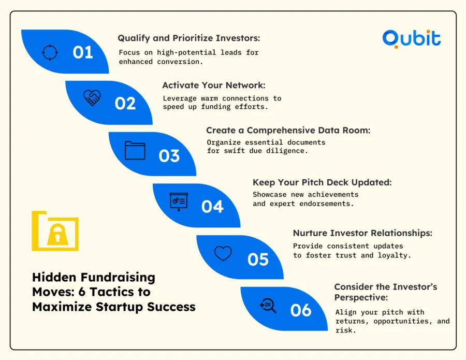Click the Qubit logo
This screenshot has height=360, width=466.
[x=412, y=38]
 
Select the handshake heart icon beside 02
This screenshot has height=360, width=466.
[x=92, y=97]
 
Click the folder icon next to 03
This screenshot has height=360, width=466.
[x=135, y=150]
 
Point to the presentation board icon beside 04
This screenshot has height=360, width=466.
[x=179, y=201]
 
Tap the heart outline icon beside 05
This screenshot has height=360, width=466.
[x=223, y=253]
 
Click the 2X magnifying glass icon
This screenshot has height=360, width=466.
[x=267, y=306]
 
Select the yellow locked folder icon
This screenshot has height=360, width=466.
[x=55, y=231]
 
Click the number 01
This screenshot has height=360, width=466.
[x=83, y=52]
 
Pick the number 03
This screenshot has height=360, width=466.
[x=169, y=155]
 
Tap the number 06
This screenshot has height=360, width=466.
[x=301, y=310]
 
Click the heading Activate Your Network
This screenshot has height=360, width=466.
[x=214, y=85]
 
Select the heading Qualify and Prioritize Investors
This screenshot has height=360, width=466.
[x=188, y=38]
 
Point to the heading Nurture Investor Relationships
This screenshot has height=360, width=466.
[x=362, y=233]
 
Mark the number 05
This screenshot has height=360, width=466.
[x=257, y=258]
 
